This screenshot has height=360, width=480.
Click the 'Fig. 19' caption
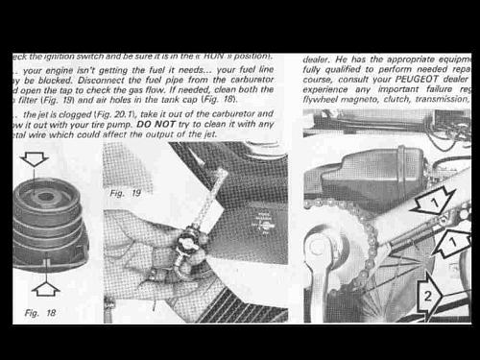[125, 193]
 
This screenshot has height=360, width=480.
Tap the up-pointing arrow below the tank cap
[46, 285]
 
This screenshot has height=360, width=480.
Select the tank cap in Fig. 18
[50, 221]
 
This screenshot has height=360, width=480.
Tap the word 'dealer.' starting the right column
[320, 59]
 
